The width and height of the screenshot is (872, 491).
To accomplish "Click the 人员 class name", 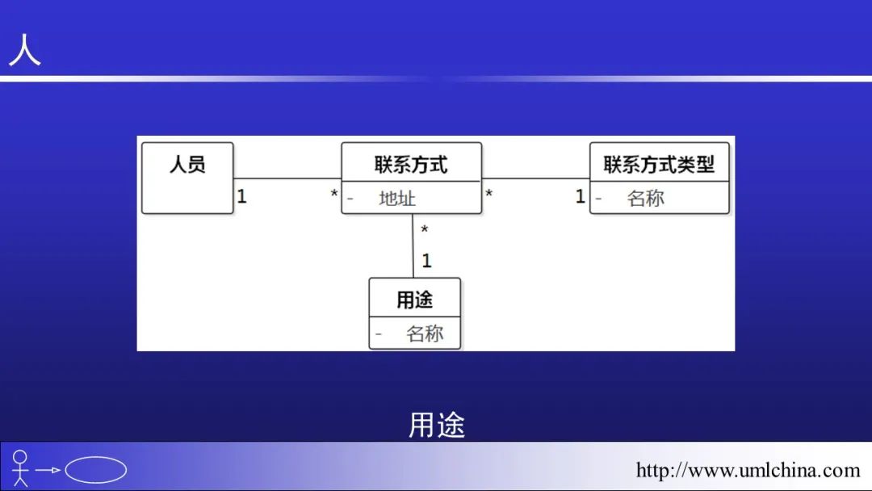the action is pos(187,165).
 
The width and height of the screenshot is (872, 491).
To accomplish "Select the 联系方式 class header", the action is pos(411,165).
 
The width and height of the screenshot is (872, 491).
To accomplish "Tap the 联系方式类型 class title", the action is pos(659,165).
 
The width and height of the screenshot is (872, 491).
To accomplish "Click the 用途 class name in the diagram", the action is pos(414,300).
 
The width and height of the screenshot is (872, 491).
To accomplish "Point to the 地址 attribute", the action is pos(397,199).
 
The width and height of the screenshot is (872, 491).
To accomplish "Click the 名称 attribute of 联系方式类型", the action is pos(646,199).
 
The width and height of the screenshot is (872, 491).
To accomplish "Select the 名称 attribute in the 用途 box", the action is pos(425,334).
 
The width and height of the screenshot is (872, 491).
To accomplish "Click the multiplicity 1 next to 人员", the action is pos(241,195).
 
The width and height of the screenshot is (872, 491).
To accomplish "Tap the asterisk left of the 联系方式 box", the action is pos(334,195).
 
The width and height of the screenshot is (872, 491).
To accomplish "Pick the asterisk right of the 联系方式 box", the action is pos(489,195).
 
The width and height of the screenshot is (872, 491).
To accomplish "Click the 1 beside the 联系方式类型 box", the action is pos(580,195).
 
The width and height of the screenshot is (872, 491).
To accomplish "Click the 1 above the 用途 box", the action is pos(426,261).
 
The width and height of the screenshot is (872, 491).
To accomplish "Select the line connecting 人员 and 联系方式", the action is pos(287,178).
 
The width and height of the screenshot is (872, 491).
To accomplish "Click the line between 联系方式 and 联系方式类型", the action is pos(535,178).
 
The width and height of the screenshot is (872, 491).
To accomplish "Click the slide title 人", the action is pos(24,50).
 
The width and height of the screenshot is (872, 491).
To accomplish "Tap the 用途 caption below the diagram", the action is pos(437,425).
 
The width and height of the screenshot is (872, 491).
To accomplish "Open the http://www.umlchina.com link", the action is pos(748,470).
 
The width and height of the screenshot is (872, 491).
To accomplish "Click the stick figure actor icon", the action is pos(20,468).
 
